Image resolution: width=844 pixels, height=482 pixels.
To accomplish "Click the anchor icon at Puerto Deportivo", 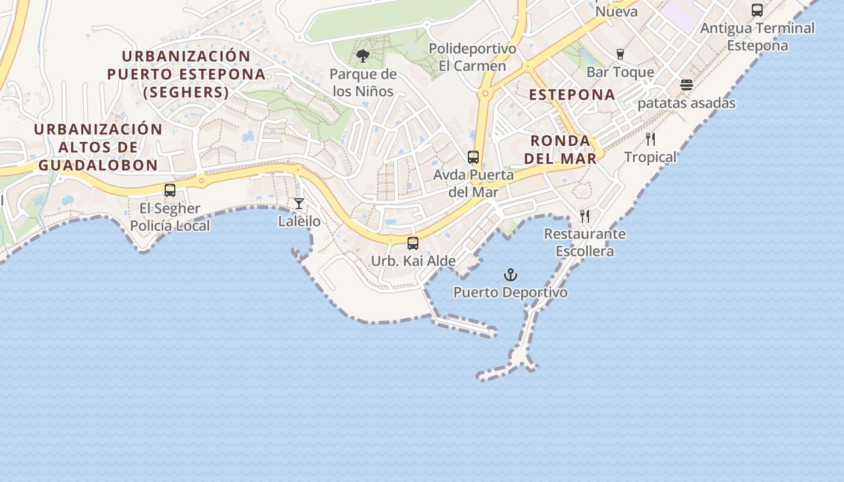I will click(511, 275).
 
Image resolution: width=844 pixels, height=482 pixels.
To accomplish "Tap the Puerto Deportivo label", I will click(511, 293).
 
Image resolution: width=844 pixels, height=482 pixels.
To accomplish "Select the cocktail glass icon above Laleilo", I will click(299, 204).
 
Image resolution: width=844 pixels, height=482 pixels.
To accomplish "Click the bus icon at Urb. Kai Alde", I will click(413, 243).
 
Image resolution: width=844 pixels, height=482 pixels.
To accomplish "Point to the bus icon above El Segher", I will click(170, 190).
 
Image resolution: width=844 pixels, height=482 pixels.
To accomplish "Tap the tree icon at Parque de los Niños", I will click(363, 57).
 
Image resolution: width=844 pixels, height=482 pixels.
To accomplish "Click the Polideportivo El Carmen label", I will click(473, 57).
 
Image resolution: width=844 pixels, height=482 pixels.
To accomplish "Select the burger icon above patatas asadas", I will click(686, 85).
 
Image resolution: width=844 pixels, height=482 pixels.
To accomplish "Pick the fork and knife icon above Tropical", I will click(650, 139).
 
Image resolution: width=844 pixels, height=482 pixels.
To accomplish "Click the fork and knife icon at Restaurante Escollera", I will click(585, 216).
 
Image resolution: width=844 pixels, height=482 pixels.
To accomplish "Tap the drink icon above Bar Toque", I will click(620, 54).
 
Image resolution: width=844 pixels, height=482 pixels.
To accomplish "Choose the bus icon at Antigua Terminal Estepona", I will click(757, 10).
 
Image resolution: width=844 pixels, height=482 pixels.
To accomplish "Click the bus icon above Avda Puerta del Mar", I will click(473, 157).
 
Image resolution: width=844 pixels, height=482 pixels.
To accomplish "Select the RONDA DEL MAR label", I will click(560, 149).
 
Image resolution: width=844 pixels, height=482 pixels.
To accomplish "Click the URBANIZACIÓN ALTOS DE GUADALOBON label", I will click(98, 147).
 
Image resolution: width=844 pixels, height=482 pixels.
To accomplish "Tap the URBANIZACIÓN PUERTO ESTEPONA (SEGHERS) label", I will click(186, 74).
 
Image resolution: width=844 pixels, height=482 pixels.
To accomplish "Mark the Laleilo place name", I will click(299, 221).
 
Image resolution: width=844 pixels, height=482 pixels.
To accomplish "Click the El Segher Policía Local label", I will click(170, 218).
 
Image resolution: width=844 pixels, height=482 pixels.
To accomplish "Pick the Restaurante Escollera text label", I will click(585, 242).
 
